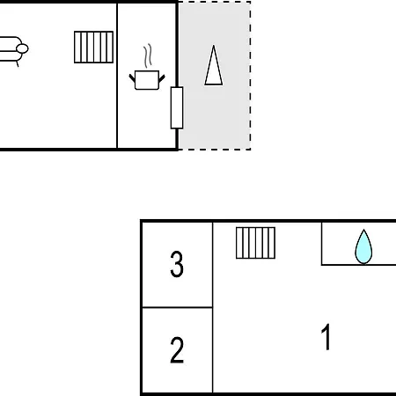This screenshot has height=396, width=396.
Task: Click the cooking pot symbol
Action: [x=147, y=80]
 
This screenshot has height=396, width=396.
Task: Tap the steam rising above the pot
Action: [x=148, y=55]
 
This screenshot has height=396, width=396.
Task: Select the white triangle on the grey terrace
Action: [x=214, y=65]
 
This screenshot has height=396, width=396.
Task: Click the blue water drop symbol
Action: [x=363, y=246]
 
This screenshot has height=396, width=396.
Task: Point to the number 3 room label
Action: [x=177, y=264]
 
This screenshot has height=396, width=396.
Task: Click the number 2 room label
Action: [x=177, y=350]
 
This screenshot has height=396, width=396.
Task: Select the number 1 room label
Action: [x=326, y=337]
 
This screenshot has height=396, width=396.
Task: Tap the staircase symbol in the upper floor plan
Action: [x=94, y=47]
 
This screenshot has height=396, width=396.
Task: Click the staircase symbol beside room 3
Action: [x=255, y=243]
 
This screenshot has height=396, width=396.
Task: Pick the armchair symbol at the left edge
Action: [x=11, y=50]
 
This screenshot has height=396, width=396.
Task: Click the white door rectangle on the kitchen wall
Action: [x=177, y=107]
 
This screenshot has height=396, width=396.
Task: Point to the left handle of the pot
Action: [x=132, y=78]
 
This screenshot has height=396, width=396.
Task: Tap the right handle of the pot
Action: [x=162, y=78]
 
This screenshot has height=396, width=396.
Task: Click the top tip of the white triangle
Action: [x=214, y=45]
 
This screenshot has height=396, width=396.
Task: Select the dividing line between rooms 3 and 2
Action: [x=177, y=307]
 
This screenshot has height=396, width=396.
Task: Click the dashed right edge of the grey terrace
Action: [x=250, y=76]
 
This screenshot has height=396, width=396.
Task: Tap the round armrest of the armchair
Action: [x=22, y=48]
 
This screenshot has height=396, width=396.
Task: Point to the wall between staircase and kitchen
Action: [x=117, y=76]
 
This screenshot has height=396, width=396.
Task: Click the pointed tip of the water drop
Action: [x=363, y=230]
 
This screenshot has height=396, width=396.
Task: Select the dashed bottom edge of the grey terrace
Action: [x=215, y=150]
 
